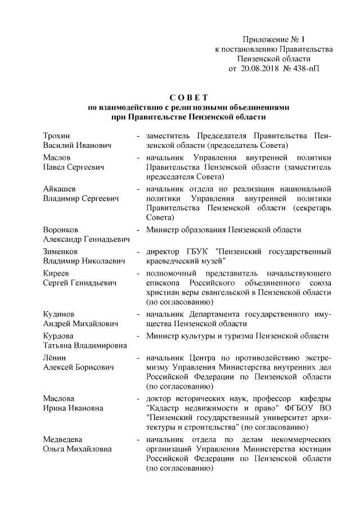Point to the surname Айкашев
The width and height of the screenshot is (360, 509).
point(60,189)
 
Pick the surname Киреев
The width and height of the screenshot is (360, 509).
point(56,272)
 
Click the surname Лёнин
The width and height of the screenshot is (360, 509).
point(55,357)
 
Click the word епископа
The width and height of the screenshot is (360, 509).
point(165,282)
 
